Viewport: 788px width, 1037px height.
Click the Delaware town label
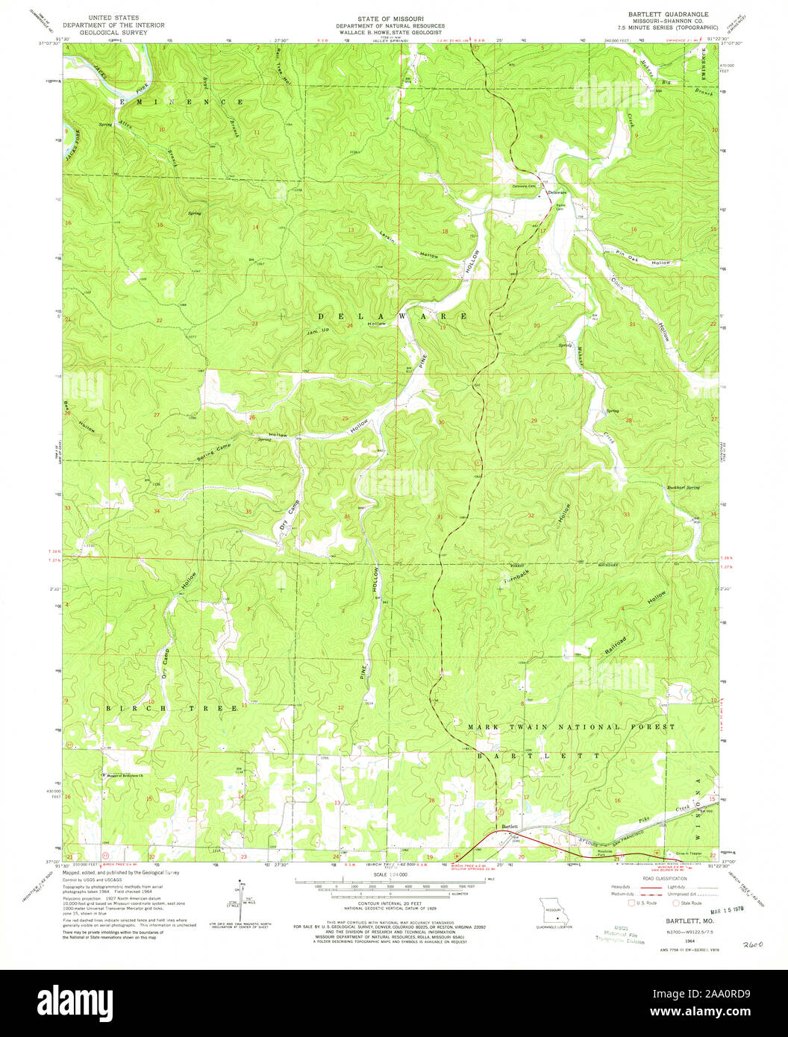pyautogui.click(x=557, y=192)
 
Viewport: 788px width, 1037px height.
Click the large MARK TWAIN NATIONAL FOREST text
pyautogui.click(x=572, y=727)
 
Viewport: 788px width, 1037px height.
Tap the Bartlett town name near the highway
pyautogui.click(x=510, y=827)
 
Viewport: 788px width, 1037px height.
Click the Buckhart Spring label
pyautogui.click(x=683, y=488)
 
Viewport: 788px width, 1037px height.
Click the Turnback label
pyautogui.click(x=516, y=575)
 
